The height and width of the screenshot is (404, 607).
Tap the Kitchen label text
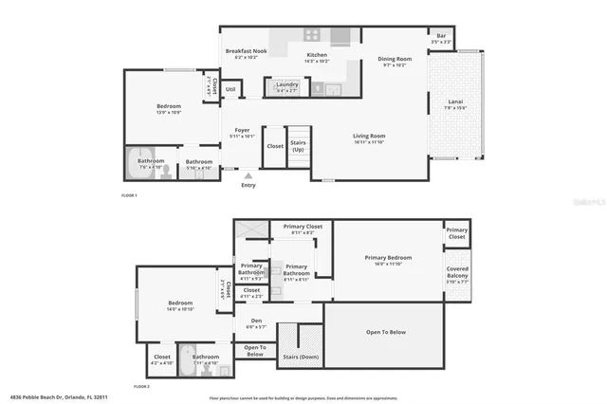pyautogui.click(x=317, y=55)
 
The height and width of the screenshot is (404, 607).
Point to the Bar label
pyautogui.click(x=441, y=37)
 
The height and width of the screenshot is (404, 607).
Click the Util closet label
pyautogui.click(x=230, y=90)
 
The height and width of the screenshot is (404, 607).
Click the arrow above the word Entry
pyautogui.click(x=248, y=175)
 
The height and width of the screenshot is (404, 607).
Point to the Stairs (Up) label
pyautogui.click(x=298, y=147)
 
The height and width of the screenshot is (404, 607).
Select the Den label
pyautogui.click(x=256, y=321)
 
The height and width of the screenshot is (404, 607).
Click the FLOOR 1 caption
pyautogui.click(x=130, y=195)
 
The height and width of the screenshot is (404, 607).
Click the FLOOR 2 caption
pyautogui.click(x=142, y=387)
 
